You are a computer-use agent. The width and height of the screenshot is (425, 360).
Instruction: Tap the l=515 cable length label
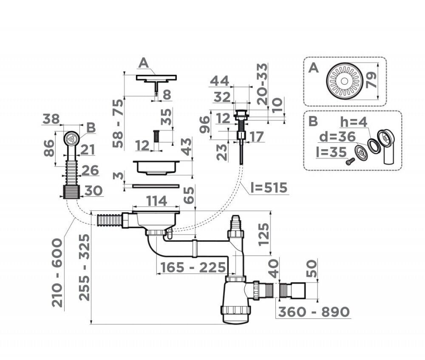point(269,187)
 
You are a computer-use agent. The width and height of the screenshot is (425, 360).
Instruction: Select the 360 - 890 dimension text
point(314,312)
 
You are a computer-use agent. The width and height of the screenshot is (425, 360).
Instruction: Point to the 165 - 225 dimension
point(193,267)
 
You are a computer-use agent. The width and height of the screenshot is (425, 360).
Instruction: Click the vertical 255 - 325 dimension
point(85,267)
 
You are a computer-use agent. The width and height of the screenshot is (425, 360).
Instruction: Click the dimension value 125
point(263,233)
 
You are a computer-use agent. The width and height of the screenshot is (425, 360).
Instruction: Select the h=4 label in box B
point(354,122)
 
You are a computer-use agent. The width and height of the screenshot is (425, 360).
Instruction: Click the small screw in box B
point(351,161)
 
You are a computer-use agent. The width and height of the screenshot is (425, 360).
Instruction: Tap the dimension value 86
point(49,148)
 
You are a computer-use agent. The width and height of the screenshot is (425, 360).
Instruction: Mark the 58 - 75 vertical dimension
point(118,123)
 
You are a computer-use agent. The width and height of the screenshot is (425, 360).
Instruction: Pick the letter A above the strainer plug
point(144,63)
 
